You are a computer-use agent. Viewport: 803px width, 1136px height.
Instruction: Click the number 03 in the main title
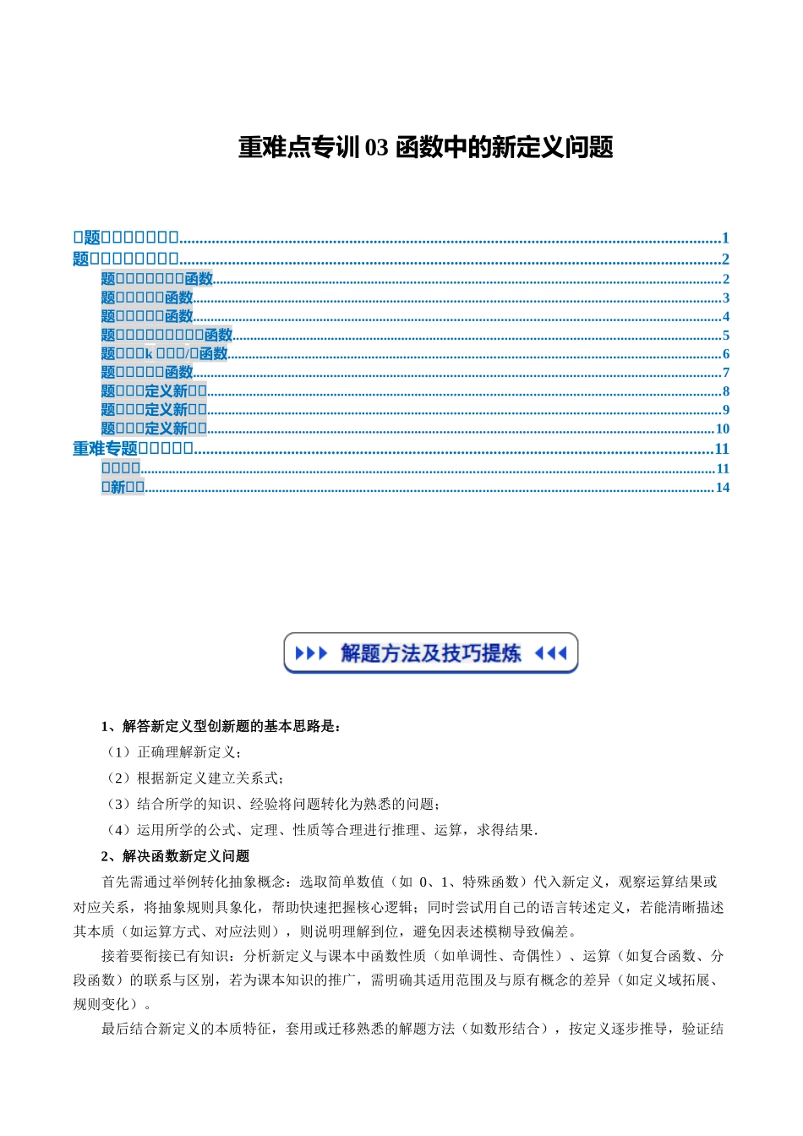click(376, 148)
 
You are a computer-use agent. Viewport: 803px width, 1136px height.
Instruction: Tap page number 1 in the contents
click(725, 238)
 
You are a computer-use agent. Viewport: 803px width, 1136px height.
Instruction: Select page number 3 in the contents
click(725, 298)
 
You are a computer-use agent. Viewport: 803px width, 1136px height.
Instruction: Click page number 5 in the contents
click(725, 336)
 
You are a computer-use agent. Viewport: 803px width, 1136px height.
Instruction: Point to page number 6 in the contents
click(725, 354)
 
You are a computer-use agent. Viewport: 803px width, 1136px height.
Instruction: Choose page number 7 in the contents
click(725, 373)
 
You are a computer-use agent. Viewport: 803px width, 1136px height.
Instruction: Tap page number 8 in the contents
click(725, 391)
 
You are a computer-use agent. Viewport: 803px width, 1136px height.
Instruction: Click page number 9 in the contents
click(725, 410)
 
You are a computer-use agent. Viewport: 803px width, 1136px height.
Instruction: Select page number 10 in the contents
click(722, 429)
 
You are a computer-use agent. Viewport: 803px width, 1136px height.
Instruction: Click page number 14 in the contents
click(722, 488)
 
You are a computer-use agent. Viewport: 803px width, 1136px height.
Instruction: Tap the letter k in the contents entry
click(149, 354)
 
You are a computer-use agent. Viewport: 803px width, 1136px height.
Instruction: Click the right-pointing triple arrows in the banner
click(310, 653)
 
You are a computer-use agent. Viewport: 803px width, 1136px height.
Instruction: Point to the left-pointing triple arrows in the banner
click(551, 653)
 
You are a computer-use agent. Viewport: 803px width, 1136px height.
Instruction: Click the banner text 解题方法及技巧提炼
click(430, 653)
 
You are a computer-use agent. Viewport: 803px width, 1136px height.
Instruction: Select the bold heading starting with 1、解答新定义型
click(221, 726)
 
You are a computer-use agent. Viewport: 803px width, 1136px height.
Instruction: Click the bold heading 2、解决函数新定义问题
click(176, 856)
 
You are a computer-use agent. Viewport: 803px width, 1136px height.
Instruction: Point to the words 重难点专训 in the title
click(299, 148)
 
